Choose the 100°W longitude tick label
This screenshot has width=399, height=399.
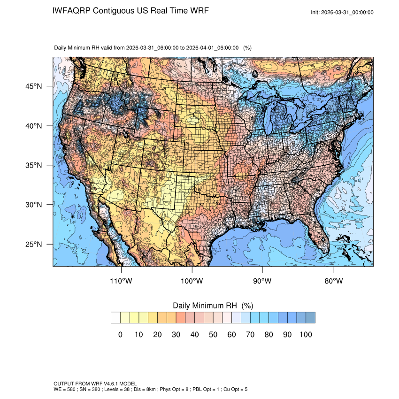click(192, 281)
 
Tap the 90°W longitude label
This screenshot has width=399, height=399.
click(262, 281)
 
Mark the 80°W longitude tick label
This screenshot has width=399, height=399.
click(333, 281)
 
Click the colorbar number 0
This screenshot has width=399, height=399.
click(120, 335)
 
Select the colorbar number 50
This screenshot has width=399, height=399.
click(213, 335)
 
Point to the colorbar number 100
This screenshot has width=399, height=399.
click(305, 335)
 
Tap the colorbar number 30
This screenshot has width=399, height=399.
click(176, 335)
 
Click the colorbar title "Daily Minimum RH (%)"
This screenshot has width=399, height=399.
click(213, 306)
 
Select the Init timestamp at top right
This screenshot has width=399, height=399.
click(342, 13)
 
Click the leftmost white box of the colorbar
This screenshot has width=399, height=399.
click(116, 318)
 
